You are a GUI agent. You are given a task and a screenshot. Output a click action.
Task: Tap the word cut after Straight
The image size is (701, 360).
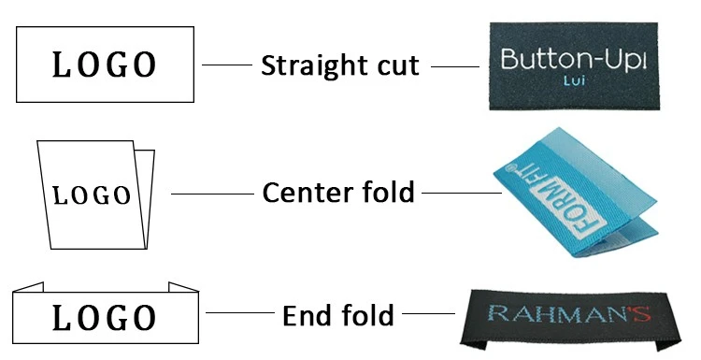click(x=398, y=66)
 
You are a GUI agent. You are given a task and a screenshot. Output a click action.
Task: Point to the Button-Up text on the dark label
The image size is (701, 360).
click(x=574, y=60)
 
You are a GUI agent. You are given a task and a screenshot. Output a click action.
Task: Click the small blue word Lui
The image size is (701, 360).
click(x=574, y=80)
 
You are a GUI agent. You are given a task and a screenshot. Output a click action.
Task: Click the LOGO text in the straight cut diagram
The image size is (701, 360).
click(x=105, y=65)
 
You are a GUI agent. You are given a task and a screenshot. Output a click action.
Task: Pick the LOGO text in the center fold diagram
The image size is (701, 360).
click(x=92, y=195)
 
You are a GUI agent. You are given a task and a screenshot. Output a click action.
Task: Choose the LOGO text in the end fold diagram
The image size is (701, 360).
click(x=105, y=318)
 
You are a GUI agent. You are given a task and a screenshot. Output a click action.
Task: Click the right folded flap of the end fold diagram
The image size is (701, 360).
click(x=184, y=287)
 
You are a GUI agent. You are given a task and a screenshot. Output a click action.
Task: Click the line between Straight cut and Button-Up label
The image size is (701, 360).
click(x=455, y=67)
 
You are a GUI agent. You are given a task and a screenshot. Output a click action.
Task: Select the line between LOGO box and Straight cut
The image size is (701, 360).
click(x=227, y=65)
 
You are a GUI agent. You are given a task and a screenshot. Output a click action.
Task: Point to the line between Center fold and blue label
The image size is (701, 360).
click(x=462, y=194)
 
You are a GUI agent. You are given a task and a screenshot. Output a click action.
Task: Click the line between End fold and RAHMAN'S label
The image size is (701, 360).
click(x=428, y=313)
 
